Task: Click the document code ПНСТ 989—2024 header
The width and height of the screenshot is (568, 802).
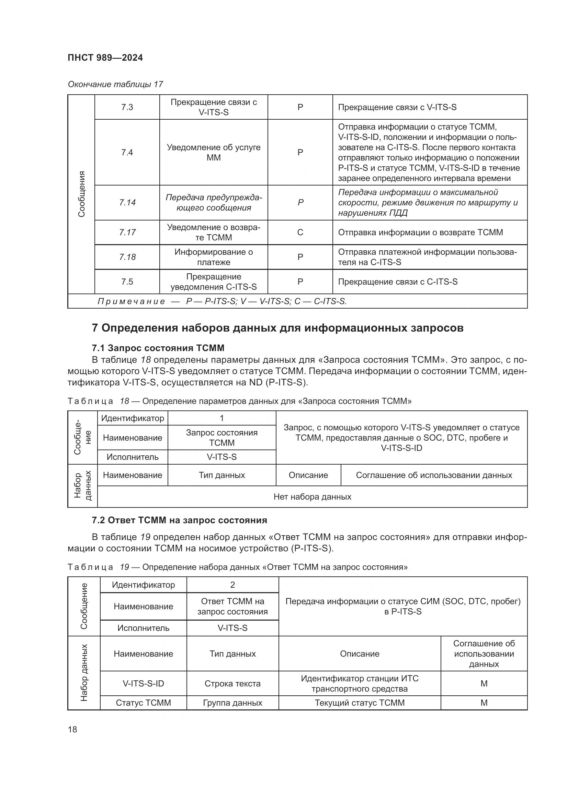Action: pyautogui.click(x=105, y=58)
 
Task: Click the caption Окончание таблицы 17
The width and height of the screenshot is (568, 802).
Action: pyautogui.click(x=115, y=84)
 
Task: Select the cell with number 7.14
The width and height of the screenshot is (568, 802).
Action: pyautogui.click(x=127, y=203)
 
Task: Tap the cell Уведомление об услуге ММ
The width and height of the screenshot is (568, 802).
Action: pyautogui.click(x=213, y=152)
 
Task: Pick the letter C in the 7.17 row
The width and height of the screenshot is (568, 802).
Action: pyautogui.click(x=300, y=232)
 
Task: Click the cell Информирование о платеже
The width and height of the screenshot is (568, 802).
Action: pyautogui.click(x=213, y=257)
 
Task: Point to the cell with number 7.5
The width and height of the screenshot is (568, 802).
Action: pyautogui.click(x=127, y=282)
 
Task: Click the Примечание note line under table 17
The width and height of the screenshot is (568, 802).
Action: pyautogui.click(x=222, y=301)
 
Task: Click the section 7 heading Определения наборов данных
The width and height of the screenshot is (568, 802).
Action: pyautogui.click(x=277, y=328)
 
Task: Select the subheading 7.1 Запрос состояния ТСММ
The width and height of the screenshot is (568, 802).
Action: pyautogui.click(x=158, y=348)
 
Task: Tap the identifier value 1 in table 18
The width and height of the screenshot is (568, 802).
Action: pyautogui.click(x=222, y=418)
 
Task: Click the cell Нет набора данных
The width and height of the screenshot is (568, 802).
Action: pyautogui.click(x=312, y=497)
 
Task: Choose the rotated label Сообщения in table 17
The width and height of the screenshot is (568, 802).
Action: pyautogui.click(x=81, y=194)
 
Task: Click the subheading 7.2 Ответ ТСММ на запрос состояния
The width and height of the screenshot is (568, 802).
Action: pyautogui.click(x=179, y=520)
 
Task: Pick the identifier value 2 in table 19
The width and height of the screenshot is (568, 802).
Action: pyautogui.click(x=232, y=585)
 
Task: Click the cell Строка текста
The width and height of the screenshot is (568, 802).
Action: pyautogui.click(x=232, y=684)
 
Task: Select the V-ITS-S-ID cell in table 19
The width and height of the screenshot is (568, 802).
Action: pyautogui.click(x=144, y=684)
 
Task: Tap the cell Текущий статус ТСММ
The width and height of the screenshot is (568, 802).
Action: pyautogui.click(x=360, y=703)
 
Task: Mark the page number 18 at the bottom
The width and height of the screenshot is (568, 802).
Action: pyautogui.click(x=72, y=729)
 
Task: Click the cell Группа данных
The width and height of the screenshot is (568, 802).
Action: pyautogui.click(x=232, y=703)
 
